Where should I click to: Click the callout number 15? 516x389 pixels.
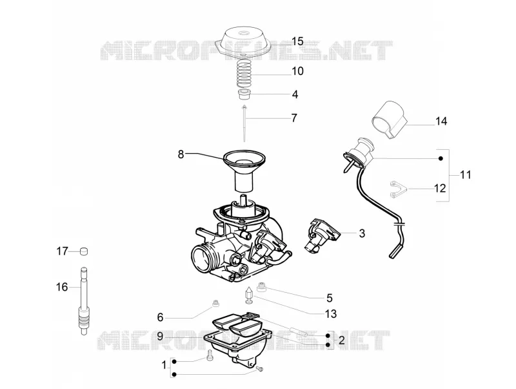(297, 41)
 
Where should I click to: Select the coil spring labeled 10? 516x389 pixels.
(245, 75)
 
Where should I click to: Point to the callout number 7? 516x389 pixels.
(294, 118)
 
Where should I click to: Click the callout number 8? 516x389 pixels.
(181, 154)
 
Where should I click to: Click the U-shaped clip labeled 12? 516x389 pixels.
(399, 189)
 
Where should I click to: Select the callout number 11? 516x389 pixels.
(465, 174)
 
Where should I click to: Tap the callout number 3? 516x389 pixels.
(362, 233)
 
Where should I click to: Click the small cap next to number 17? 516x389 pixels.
(84, 251)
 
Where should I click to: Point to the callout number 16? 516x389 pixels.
(62, 287)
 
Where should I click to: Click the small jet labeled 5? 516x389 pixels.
(262, 287)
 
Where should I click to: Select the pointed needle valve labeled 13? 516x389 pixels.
(249, 295)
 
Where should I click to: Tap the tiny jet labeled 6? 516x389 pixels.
(216, 302)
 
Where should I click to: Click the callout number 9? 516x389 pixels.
(160, 336)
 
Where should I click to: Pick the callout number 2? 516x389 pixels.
(342, 340)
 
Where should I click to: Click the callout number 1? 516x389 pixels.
(164, 365)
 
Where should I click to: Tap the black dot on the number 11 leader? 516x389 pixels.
(441, 158)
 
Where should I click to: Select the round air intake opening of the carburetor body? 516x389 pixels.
(202, 258)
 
